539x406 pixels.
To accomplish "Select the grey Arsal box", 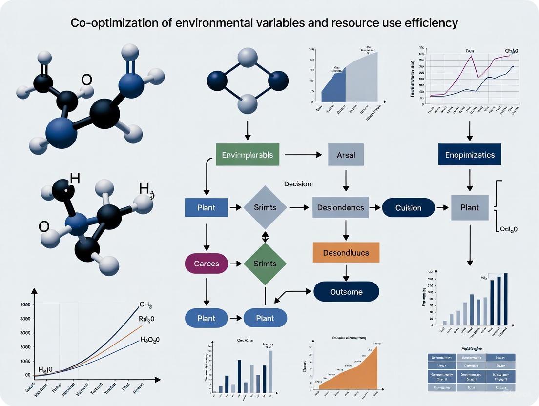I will (x=346, y=155).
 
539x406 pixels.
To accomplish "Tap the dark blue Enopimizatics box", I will (x=470, y=155).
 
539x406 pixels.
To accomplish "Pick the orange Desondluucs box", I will (x=346, y=253).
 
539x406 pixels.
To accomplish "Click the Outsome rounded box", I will (x=346, y=292).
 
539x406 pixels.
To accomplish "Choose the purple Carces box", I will (x=207, y=264).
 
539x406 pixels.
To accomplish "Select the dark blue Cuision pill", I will (x=408, y=208).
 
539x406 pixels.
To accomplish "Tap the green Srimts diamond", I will (x=265, y=264).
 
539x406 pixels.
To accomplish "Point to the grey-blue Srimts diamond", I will (x=265, y=208).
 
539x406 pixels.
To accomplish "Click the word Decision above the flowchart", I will (x=298, y=184).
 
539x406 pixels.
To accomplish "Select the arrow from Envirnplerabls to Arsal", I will (x=303, y=155).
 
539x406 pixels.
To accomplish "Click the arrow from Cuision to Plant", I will (x=442, y=208).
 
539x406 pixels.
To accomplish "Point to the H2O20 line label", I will (x=150, y=340).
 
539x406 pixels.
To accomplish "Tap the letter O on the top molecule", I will (x=86, y=80).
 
